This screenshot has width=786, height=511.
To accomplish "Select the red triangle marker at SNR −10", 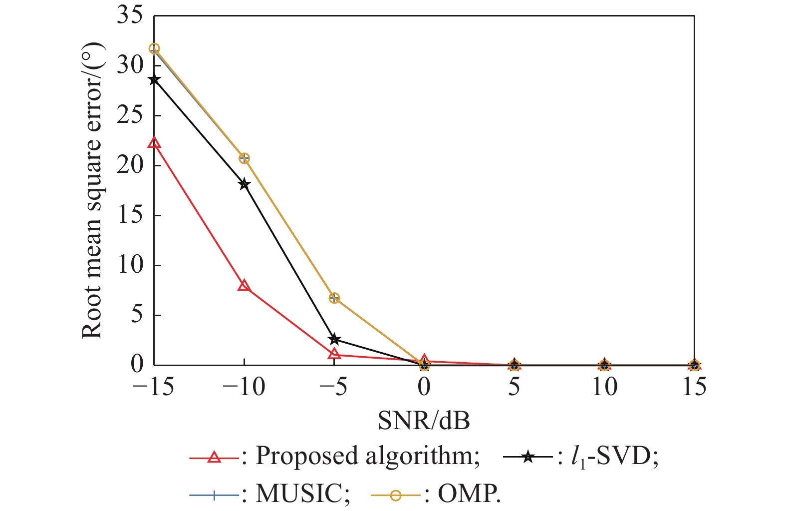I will (x=244, y=286).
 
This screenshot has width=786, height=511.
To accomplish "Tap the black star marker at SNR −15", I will (x=154, y=79).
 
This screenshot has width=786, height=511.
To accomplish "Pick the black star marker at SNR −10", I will (x=244, y=184).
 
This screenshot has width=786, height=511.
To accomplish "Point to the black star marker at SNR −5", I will (x=334, y=340).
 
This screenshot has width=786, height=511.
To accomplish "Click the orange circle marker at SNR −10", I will (x=244, y=158).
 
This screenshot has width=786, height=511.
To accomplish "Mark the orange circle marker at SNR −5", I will (x=334, y=298).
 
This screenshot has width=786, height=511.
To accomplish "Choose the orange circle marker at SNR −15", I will (x=154, y=48).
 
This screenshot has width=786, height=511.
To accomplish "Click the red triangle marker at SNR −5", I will (x=334, y=354).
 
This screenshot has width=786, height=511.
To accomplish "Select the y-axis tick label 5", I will (x=136, y=315).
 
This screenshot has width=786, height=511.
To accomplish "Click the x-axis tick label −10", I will (x=244, y=387).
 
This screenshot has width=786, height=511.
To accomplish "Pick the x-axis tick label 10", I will (x=604, y=387).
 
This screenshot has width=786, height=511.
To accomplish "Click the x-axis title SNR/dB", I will (x=424, y=421).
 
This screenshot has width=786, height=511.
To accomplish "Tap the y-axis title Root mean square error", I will (x=93, y=190).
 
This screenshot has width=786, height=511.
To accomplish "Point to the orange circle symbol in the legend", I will (x=396, y=495).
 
